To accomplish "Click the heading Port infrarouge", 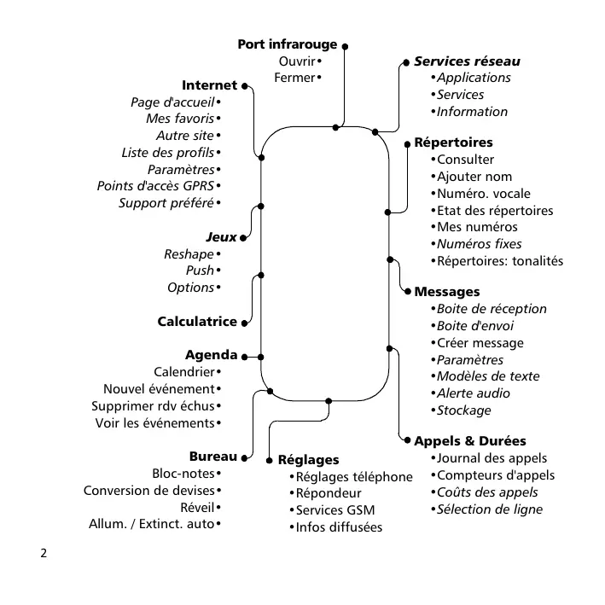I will click(287, 44).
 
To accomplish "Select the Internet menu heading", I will click(209, 85).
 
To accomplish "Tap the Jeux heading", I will click(221, 236).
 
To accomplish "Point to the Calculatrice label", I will click(197, 322).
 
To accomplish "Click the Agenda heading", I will click(211, 355).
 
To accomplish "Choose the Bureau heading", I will click(212, 457).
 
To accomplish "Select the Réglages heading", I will click(308, 460).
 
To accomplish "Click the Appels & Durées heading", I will click(469, 441).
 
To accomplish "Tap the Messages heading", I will click(447, 292).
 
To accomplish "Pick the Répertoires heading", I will click(453, 143).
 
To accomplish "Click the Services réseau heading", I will click(467, 61).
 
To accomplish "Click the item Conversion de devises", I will click(149, 490).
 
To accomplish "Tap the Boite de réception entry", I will click(492, 309).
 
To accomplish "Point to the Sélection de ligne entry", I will click(489, 509).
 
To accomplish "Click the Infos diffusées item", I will click(338, 527).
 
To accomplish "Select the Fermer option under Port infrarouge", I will click(294, 78).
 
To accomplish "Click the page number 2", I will click(44, 553).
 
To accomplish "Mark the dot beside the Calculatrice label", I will click(246, 323).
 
